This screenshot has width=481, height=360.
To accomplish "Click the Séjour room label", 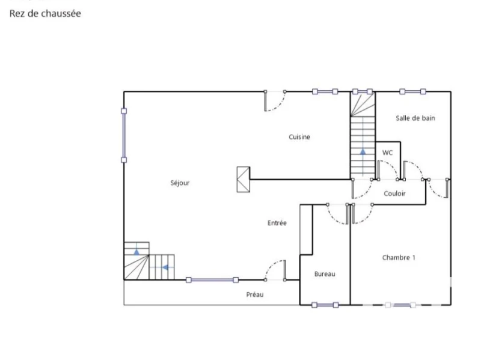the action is click(180, 183).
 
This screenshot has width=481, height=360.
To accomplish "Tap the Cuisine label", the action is click(299, 137).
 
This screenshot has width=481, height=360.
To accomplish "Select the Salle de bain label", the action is click(415, 118).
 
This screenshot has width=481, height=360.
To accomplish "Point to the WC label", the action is click(387, 153).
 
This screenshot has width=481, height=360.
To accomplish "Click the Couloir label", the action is click(395, 194).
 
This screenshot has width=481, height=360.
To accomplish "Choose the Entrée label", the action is click(277, 223).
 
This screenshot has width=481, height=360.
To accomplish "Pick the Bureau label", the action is click(325, 274).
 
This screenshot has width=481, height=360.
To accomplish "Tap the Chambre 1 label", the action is click(399, 258).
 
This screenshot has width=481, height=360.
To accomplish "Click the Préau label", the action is click(255, 294).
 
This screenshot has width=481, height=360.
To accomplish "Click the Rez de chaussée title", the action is click(45, 13).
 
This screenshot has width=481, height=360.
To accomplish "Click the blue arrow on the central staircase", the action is click(363, 151).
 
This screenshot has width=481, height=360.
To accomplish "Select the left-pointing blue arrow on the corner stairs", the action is click(165, 267).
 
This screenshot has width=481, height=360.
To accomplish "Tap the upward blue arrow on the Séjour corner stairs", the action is click(136, 252).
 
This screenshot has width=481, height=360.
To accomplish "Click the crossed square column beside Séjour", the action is click(244, 179).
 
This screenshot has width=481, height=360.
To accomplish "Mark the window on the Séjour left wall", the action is click(124, 135).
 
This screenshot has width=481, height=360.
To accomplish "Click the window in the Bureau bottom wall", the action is click(325, 305).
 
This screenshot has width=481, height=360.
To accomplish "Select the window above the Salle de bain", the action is click(412, 91).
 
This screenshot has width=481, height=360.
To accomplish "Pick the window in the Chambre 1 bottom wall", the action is click(400, 305).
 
